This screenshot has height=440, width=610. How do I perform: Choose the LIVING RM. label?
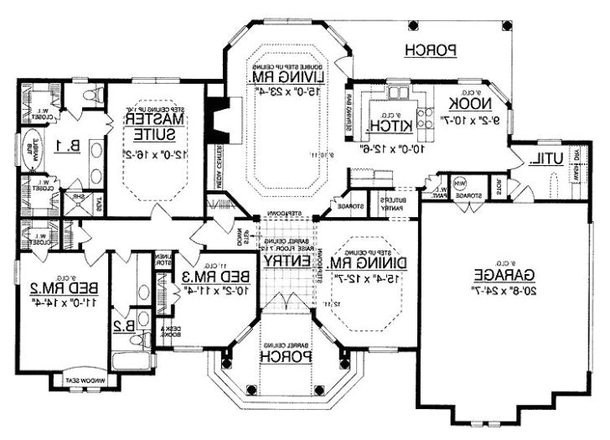279,77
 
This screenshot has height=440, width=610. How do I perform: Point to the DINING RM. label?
358,263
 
